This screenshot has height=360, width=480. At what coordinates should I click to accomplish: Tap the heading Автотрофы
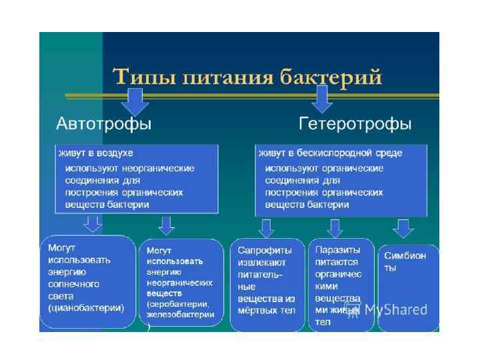tap(103, 124)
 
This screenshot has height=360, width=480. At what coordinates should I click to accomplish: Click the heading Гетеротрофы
tap(355, 124)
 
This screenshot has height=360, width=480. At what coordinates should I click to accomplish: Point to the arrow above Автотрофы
tap(135, 100)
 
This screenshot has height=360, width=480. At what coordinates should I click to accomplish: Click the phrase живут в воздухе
tap(96, 153)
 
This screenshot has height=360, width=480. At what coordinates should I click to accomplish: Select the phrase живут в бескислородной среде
tap(331, 153)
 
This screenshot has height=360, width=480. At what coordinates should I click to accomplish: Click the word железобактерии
tap(181, 314)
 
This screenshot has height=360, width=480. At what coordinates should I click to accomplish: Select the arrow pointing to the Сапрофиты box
tap(266, 228)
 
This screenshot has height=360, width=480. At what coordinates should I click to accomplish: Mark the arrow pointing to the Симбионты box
tap(402, 228)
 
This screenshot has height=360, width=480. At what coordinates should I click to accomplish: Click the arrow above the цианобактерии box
tap(94, 224)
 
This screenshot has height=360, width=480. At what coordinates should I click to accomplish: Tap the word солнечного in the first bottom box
tap(74, 283)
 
